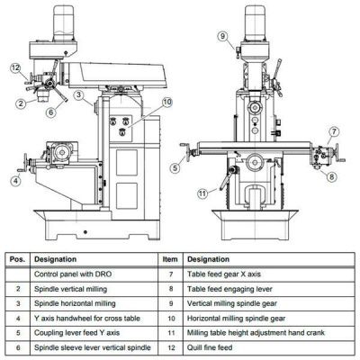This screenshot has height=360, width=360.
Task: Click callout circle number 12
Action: [15, 68]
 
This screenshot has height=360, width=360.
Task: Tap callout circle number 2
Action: [20, 103]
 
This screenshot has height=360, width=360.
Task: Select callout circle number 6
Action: [51, 112]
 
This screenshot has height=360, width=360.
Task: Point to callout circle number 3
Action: [78, 94]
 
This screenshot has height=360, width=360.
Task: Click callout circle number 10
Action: [167, 102]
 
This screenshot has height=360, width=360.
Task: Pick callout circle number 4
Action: [15, 181]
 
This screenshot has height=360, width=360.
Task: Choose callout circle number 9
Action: [222, 36]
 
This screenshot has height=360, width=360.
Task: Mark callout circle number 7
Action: [334, 131]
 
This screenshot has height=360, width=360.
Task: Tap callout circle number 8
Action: [331, 176]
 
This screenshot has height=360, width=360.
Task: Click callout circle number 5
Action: [175, 168]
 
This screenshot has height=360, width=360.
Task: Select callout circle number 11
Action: [202, 193]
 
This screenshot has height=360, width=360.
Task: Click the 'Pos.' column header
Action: [18, 259]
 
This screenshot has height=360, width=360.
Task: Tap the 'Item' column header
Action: [170, 259]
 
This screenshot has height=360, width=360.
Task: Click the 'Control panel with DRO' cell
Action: [73, 274]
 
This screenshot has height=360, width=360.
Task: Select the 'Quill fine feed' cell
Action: [210, 347]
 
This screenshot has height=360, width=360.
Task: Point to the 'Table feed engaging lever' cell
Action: [229, 289]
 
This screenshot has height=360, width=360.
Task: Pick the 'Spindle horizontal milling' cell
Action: [75, 303]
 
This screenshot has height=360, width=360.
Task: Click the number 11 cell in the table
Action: [171, 333]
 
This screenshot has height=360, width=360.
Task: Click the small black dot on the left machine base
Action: [85, 232]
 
